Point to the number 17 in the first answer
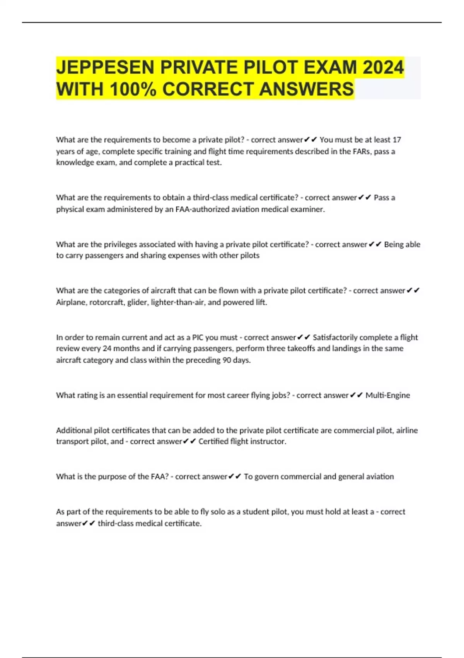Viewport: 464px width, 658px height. click(397, 140)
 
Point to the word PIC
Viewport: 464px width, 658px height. click(198, 338)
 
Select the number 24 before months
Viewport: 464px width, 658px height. click(107, 348)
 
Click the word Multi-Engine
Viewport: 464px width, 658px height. click(387, 395)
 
